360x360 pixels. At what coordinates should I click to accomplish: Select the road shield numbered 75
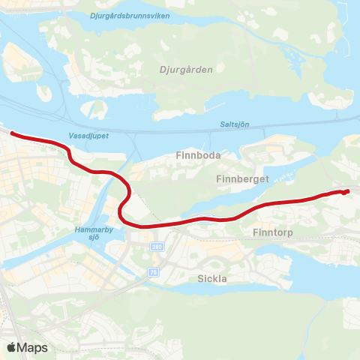[154, 271]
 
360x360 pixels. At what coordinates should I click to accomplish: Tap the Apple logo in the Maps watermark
[11, 347]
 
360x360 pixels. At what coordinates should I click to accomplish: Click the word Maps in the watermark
[32, 347]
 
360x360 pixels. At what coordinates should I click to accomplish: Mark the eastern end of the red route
[348, 192]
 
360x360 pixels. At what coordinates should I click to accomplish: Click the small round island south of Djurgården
[97, 110]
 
